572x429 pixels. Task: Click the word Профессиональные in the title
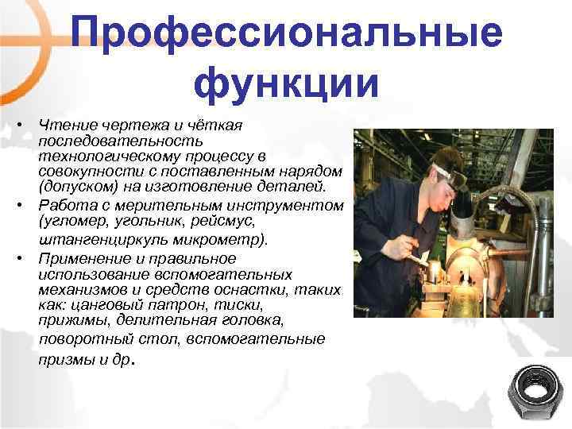[286, 33]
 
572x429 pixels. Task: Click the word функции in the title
[286, 84]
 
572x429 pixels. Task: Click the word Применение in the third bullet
[78, 258]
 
